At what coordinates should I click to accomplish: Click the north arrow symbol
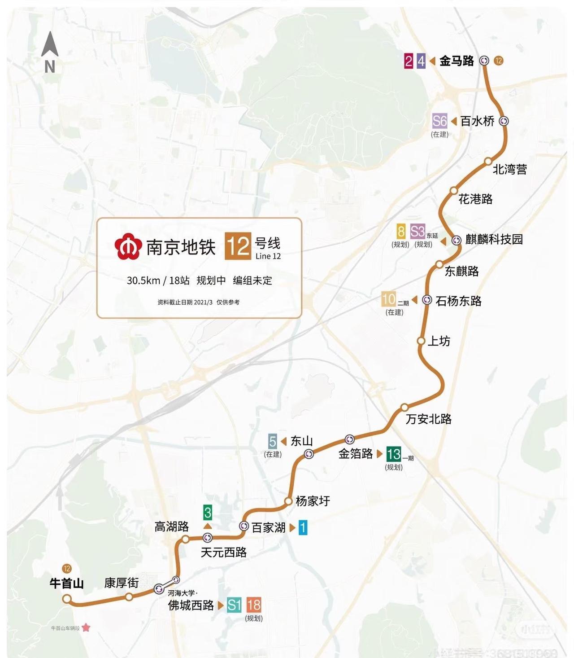click(50, 45)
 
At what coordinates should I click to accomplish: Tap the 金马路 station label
click(457, 61)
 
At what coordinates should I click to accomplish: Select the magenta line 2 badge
click(408, 61)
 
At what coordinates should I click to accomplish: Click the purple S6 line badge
click(439, 121)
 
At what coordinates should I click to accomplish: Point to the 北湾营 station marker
click(488, 162)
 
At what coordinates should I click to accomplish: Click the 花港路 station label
click(475, 199)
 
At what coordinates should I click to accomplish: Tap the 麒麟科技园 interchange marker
click(457, 240)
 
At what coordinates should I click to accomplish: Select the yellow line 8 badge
click(401, 232)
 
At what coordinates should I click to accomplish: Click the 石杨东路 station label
click(458, 301)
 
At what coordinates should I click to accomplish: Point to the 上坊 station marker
click(421, 341)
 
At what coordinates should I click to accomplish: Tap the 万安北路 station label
click(428, 419)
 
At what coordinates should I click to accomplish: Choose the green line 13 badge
click(393, 454)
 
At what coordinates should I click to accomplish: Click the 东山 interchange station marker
click(309, 454)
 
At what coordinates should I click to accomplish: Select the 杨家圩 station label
click(313, 501)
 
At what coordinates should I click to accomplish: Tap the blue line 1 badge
click(303, 527)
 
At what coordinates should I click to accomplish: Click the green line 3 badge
click(207, 512)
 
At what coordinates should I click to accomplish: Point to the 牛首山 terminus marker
click(67, 599)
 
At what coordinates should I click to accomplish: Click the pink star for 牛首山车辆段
click(86, 627)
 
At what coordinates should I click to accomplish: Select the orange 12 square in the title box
click(238, 246)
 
